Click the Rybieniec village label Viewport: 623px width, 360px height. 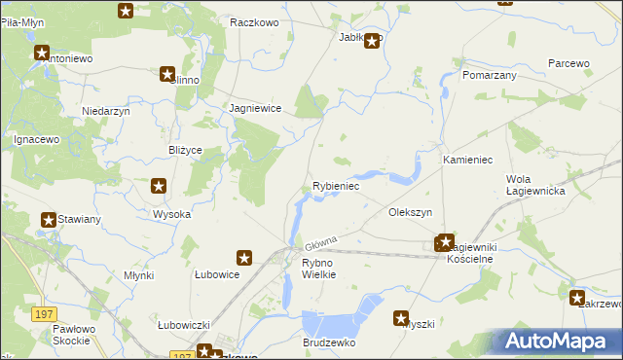(337, 186)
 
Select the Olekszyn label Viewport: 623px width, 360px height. (410, 211)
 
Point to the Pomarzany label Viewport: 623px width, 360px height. (490, 75)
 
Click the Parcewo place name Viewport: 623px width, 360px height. (569, 63)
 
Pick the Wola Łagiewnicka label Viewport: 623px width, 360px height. (536, 185)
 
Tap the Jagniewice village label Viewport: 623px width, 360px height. (255, 109)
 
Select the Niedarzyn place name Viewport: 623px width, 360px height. (106, 111)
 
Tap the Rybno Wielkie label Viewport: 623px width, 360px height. (318, 269)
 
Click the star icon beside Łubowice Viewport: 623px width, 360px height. (244, 258)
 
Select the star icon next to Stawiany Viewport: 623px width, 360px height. (48, 221)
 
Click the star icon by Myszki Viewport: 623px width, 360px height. (401, 317)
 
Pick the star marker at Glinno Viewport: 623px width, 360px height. (167, 74)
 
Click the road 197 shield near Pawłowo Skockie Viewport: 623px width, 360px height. (42, 314)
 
